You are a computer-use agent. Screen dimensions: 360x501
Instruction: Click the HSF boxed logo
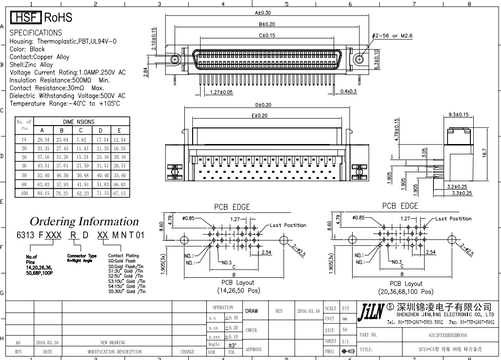pos(26,18)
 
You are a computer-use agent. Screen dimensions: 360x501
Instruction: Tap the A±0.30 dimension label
pos(263,14)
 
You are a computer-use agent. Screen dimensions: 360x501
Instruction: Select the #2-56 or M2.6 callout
pos(391,36)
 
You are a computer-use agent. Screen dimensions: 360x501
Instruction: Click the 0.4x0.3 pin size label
pos(349,91)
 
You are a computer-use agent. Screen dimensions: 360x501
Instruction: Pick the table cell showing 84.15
pos(42,194)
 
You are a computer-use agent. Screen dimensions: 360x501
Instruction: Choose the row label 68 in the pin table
pos(23,184)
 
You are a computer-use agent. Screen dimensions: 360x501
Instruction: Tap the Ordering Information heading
pos(84,222)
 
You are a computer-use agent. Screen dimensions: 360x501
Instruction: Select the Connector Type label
pos(82,255)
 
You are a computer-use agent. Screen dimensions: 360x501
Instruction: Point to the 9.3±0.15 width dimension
pos(456,115)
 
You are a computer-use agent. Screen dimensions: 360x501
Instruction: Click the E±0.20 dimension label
pos(259,115)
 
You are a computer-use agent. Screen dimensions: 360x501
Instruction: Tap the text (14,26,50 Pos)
pos(238,291)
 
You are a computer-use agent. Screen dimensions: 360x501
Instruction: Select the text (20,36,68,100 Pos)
pos(406,292)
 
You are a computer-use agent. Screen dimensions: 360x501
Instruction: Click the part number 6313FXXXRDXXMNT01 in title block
pos(447,336)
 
